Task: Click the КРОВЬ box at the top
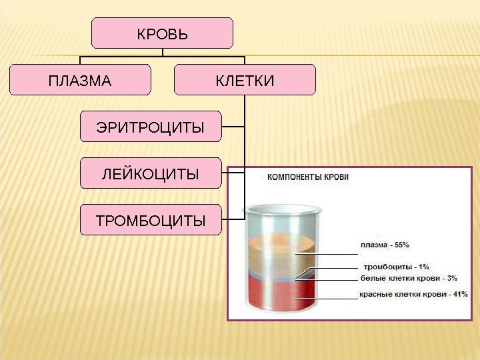pyautogui.click(x=162, y=33)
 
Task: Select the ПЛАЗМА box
pyautogui.click(x=80, y=81)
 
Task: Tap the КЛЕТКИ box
pyautogui.click(x=245, y=81)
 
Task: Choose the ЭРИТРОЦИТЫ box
pyautogui.click(x=150, y=127)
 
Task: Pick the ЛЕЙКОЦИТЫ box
pyautogui.click(x=150, y=173)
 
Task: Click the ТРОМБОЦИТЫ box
pyautogui.click(x=150, y=220)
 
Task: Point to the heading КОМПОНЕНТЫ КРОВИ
pyautogui.click(x=308, y=177)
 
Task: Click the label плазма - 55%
pyautogui.click(x=385, y=245)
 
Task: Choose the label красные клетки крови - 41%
pyautogui.click(x=413, y=293)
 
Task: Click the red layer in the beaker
pyautogui.click(x=280, y=293)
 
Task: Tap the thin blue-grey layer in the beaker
pyautogui.click(x=280, y=274)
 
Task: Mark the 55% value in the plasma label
pyautogui.click(x=401, y=245)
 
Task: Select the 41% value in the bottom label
pyautogui.click(x=458, y=293)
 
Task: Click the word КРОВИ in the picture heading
pyautogui.click(x=335, y=177)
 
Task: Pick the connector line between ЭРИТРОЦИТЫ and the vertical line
pyautogui.click(x=233, y=127)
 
